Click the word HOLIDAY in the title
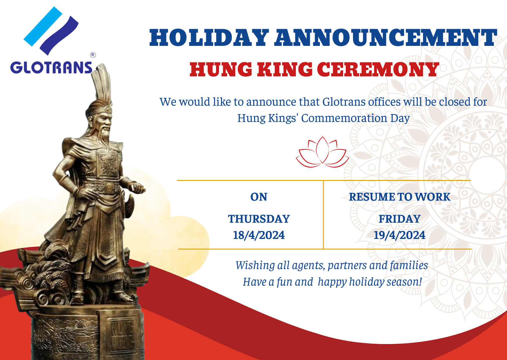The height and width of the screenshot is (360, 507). click(x=209, y=38)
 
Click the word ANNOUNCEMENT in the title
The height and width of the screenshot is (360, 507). click(x=386, y=38)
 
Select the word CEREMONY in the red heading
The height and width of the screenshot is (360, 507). click(x=378, y=69)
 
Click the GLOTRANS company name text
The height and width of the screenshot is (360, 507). click(x=51, y=68)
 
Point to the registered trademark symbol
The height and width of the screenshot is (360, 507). click(x=93, y=55)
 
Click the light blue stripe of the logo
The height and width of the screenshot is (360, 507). click(x=43, y=26)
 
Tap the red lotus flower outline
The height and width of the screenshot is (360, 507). click(x=322, y=152)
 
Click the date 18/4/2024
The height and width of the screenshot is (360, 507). click(x=259, y=235)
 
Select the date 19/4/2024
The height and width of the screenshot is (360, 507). click(x=399, y=235)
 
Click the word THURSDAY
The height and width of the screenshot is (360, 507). click(x=259, y=219)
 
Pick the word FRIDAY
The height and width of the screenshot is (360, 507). click(x=399, y=219)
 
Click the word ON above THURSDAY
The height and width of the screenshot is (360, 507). click(x=259, y=197)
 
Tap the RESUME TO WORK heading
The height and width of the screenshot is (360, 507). click(x=399, y=197)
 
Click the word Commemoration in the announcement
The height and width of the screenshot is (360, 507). click(x=344, y=118)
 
